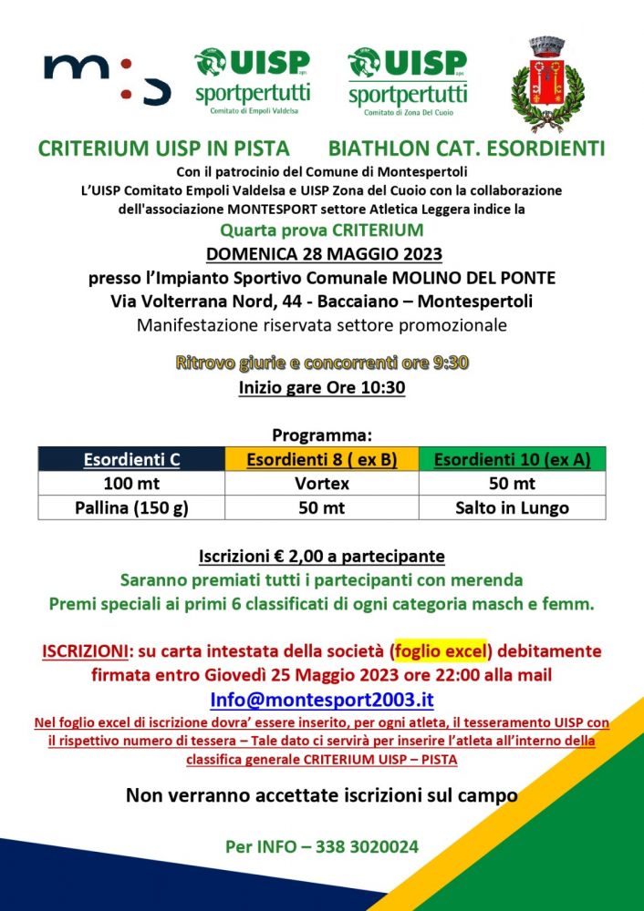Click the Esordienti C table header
tap(131, 460)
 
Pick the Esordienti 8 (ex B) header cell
tap(322, 460)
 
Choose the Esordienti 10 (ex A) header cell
tap(512, 460)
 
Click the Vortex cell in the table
tap(322, 484)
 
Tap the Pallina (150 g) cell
tap(131, 507)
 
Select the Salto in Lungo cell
tap(512, 507)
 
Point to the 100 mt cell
tap(131, 484)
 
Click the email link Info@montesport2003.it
tap(322, 700)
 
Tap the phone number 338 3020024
tap(367, 846)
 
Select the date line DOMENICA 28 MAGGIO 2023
tap(322, 254)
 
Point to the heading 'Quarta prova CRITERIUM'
tap(322, 230)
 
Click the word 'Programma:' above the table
tap(322, 435)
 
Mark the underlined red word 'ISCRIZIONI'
tap(84, 652)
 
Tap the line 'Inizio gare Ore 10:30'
tap(322, 387)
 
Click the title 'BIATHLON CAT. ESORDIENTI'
tap(467, 148)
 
